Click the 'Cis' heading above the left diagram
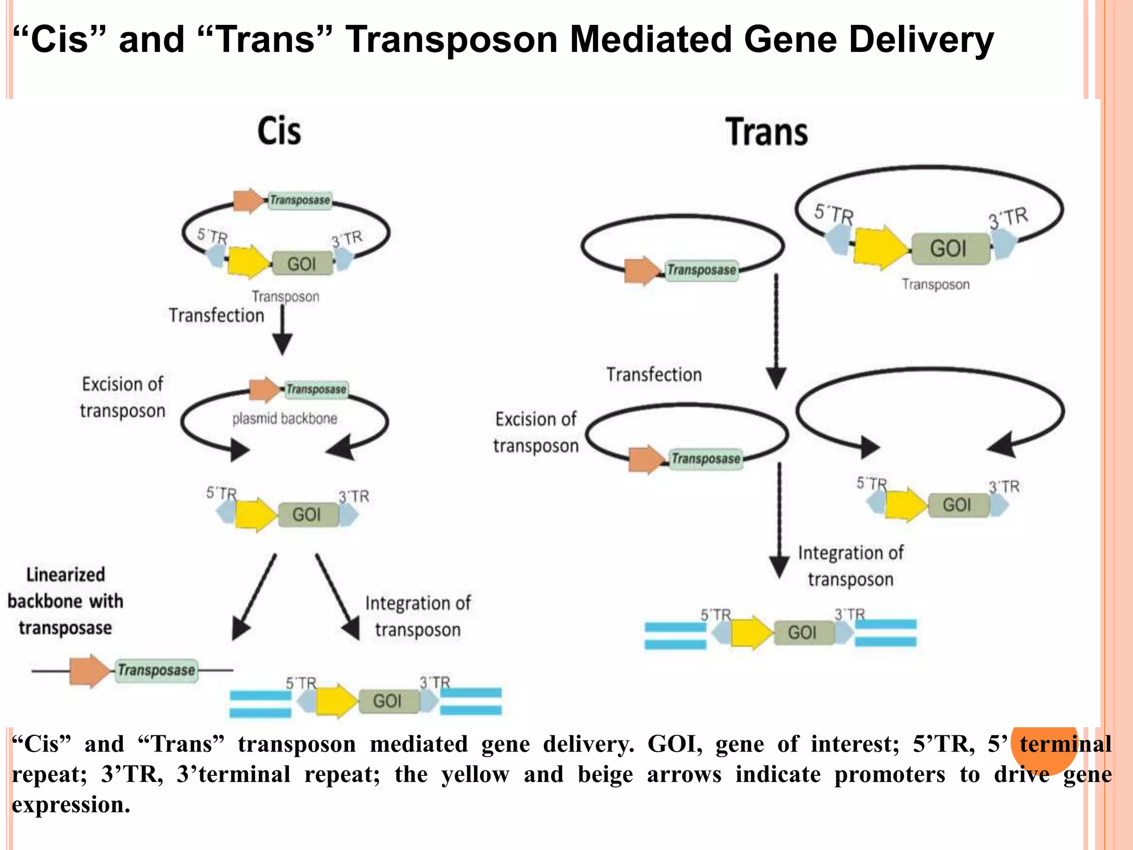(x=279, y=132)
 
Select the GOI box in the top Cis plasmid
(x=302, y=263)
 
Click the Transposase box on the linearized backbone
(x=157, y=670)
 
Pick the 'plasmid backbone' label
(x=284, y=419)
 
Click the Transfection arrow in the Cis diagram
(x=283, y=329)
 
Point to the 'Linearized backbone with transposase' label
(x=65, y=602)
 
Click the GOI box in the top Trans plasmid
(x=949, y=248)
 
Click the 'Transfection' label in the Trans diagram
(x=654, y=375)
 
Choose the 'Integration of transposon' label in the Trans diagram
(x=850, y=566)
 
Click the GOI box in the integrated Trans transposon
(x=803, y=633)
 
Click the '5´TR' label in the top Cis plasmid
(x=212, y=236)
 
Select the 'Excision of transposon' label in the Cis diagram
(x=122, y=397)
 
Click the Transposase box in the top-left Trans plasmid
(x=701, y=270)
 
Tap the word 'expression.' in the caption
(x=71, y=805)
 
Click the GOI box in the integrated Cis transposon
(x=387, y=701)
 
